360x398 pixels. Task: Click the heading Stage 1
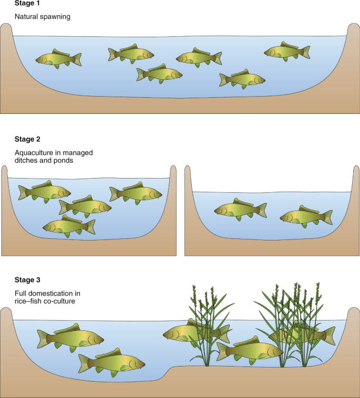point(27,3)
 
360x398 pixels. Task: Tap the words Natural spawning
point(43,17)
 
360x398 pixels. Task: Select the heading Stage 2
point(27,139)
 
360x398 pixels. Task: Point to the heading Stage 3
point(27,280)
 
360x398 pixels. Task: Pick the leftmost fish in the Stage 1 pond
point(58,59)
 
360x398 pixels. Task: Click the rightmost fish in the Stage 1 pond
point(287,52)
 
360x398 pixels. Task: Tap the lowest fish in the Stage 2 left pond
point(69,226)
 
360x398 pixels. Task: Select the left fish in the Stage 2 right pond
point(240,210)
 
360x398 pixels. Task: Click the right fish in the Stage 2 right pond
point(306,217)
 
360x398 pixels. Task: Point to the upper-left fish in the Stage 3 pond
point(70,338)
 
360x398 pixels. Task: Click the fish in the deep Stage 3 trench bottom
point(112,362)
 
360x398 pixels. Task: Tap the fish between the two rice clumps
point(250,351)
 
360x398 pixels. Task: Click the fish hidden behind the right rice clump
point(302,333)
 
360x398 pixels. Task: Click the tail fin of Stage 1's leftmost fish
point(77,60)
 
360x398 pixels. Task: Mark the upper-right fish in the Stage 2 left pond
point(136,193)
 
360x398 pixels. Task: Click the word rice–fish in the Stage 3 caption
point(27,301)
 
